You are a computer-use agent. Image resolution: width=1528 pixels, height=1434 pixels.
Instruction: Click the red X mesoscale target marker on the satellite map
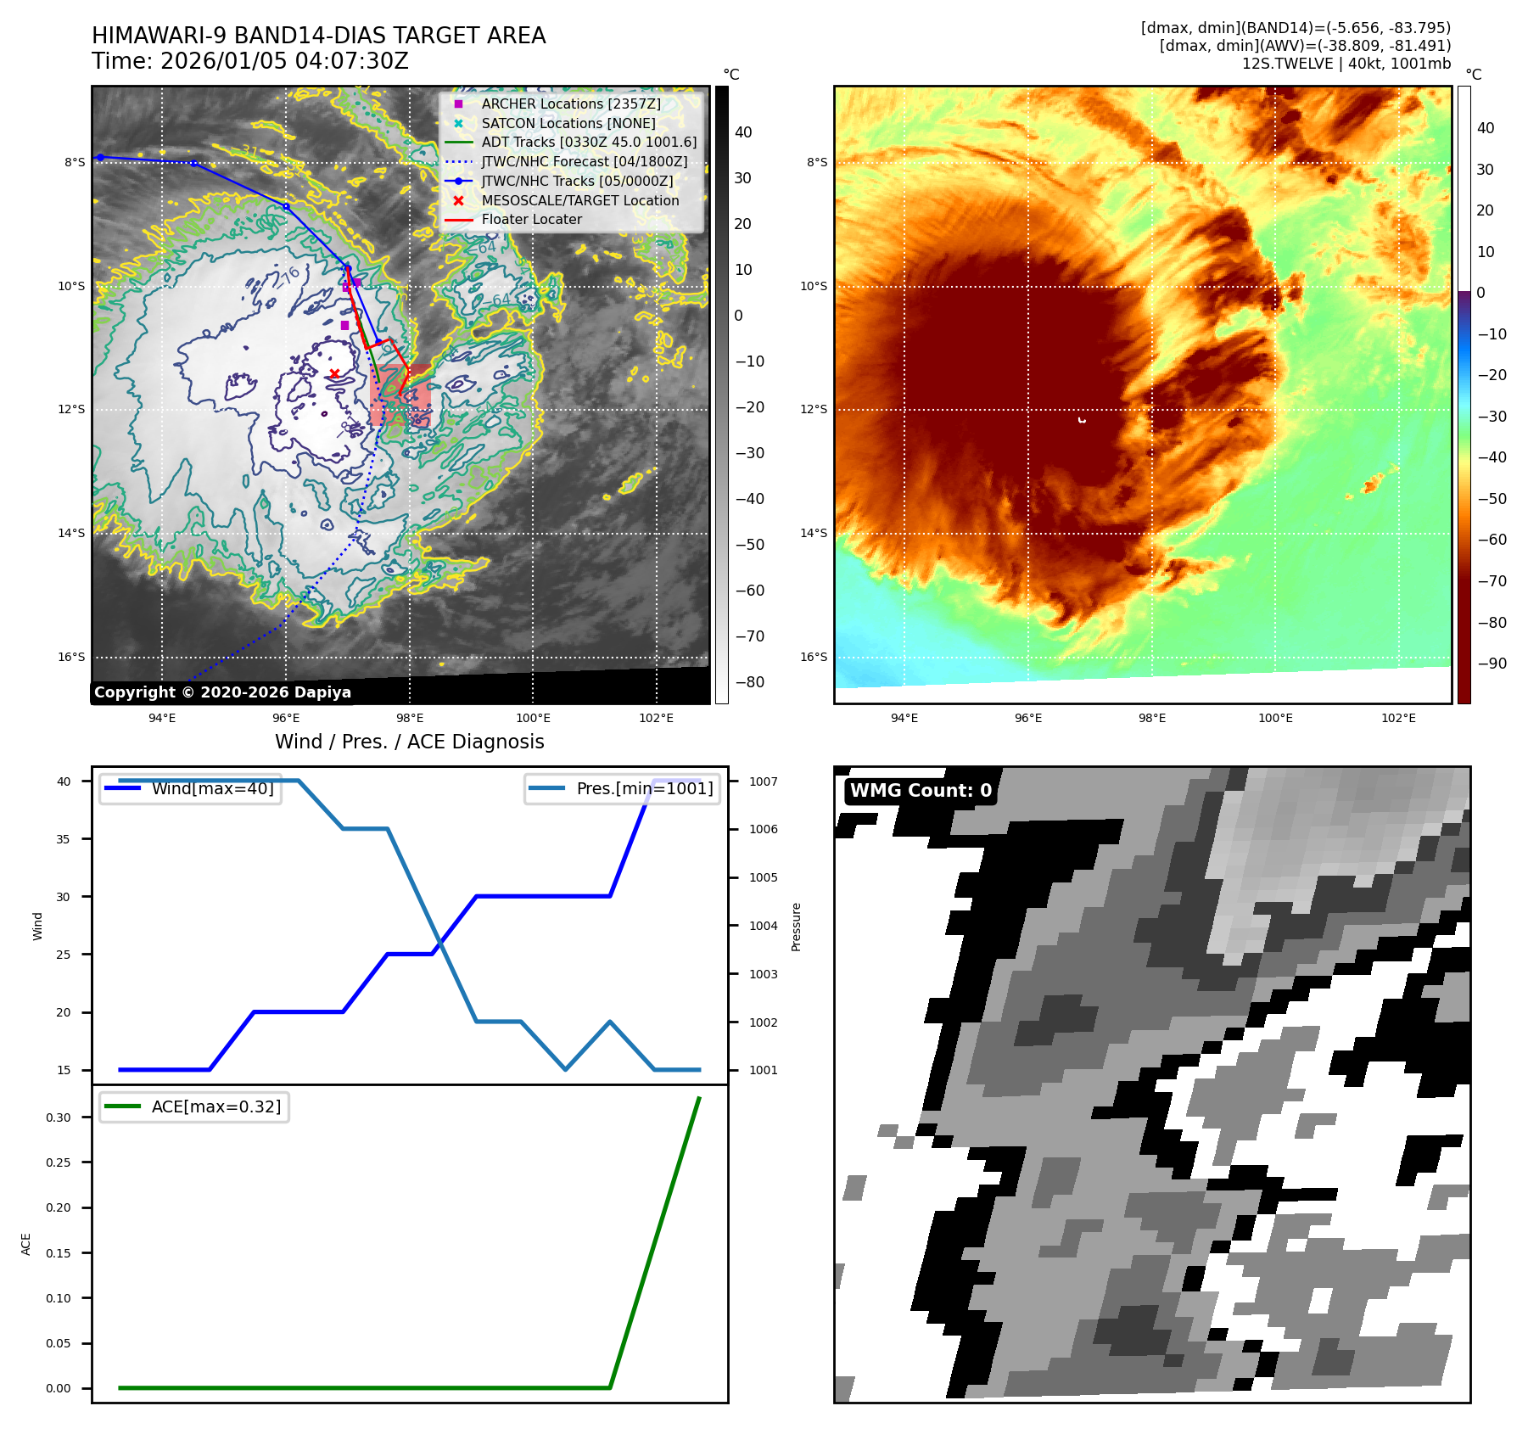(x=334, y=373)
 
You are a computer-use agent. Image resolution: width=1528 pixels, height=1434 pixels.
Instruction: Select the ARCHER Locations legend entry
(x=570, y=104)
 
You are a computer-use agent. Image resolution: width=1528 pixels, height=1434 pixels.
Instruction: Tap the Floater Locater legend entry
(x=531, y=219)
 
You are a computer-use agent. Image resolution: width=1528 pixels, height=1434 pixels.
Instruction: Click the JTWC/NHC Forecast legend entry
(x=584, y=161)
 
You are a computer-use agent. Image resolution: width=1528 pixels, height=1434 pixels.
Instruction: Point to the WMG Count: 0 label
(x=921, y=791)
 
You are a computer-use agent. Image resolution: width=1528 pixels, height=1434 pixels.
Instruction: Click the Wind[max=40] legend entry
(x=212, y=788)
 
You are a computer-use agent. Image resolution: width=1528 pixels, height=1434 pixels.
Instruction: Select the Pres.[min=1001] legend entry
(x=644, y=788)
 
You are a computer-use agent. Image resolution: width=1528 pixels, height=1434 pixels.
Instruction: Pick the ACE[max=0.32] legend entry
(x=215, y=1106)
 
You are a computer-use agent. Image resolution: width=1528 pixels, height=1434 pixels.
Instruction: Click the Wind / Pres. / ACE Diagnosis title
(x=409, y=742)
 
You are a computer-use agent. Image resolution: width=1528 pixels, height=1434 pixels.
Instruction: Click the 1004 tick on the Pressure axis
(x=763, y=926)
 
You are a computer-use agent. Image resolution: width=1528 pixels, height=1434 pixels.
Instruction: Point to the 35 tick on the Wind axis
(x=64, y=839)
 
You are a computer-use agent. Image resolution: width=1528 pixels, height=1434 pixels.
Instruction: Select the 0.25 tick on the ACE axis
(x=59, y=1162)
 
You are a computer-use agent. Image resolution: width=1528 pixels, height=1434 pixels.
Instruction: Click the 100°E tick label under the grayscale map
(x=533, y=718)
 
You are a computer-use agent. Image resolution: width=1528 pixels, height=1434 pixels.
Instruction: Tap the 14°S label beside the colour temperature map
(x=814, y=533)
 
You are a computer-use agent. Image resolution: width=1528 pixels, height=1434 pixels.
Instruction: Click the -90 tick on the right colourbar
(x=1492, y=664)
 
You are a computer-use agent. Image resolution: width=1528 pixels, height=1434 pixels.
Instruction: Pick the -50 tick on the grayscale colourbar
(x=749, y=545)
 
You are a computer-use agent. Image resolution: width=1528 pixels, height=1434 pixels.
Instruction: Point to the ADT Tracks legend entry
(x=588, y=142)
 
